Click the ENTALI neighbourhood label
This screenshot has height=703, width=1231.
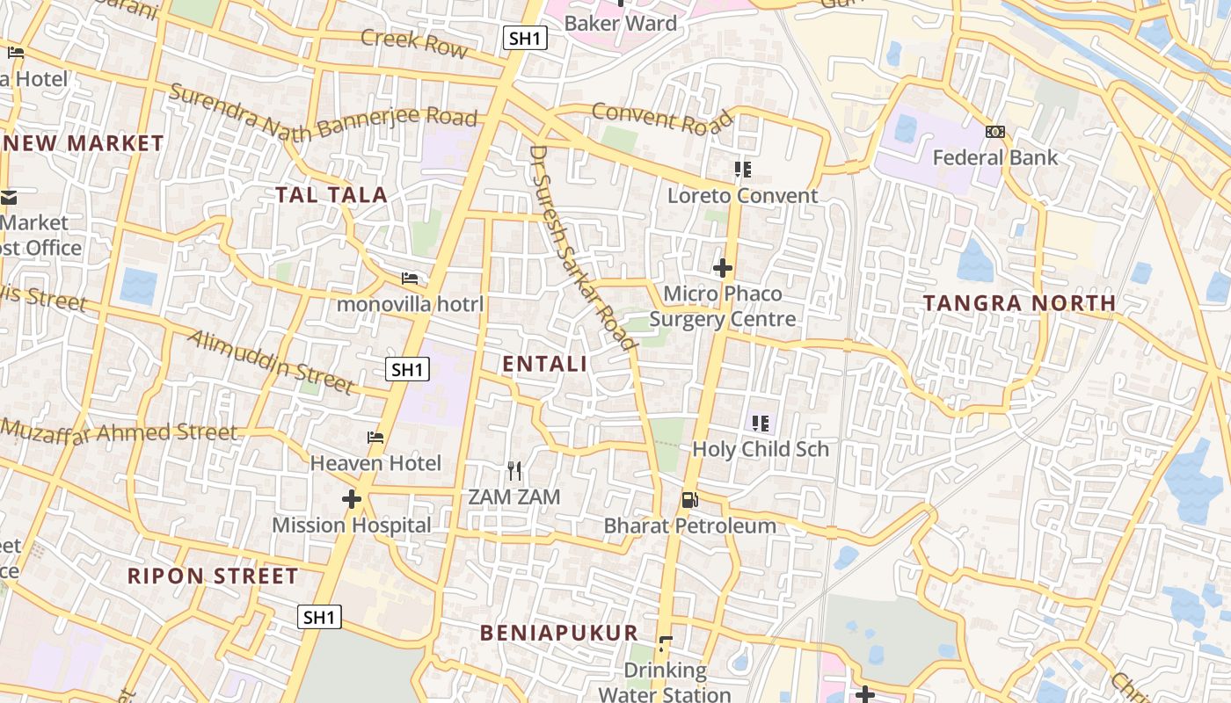(544, 364)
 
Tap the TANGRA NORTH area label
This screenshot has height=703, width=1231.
(1019, 303)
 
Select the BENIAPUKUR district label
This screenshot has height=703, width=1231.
(558, 633)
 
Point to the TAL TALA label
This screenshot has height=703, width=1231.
(331, 195)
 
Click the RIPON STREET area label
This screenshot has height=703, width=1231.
(213, 576)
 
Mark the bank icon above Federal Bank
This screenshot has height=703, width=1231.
(995, 132)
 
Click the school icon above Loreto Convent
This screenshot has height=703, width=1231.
(743, 169)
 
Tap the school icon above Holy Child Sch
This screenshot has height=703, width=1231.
(761, 424)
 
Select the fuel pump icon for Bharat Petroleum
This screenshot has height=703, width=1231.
(690, 500)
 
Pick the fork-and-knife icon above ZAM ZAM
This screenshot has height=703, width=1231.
(514, 471)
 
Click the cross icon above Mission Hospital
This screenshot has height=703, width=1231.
(352, 499)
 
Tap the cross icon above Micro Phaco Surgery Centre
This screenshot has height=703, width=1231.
(723, 267)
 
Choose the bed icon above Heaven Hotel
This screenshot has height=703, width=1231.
(375, 437)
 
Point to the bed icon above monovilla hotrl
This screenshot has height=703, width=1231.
(410, 279)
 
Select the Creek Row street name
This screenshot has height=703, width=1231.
(414, 42)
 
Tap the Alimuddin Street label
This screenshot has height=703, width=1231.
(271, 360)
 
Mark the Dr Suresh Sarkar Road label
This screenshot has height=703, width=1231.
(582, 248)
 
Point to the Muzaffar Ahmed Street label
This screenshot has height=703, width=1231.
(119, 431)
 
